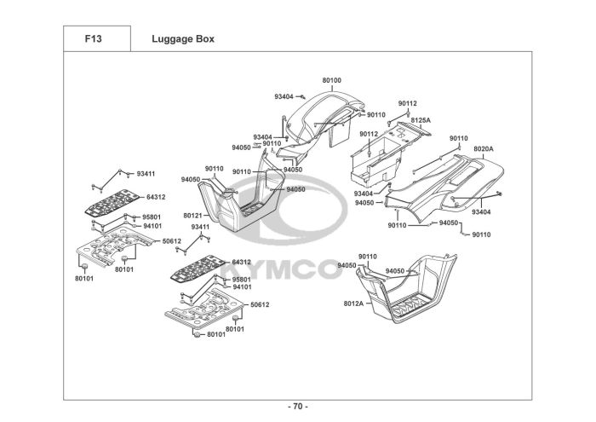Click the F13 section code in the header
tap(93, 39)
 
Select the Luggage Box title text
tap(183, 39)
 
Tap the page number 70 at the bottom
tap(298, 407)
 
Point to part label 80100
tap(332, 80)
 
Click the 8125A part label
tap(421, 120)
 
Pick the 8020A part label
tap(484, 149)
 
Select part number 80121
tap(192, 216)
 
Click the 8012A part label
tap(353, 303)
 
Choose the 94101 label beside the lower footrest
tap(242, 287)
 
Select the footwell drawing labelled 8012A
tap(406, 289)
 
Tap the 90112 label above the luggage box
tap(408, 103)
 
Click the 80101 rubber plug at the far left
tap(84, 266)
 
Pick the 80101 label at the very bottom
tap(216, 334)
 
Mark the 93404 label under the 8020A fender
tap(481, 212)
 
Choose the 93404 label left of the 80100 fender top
tap(284, 96)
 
